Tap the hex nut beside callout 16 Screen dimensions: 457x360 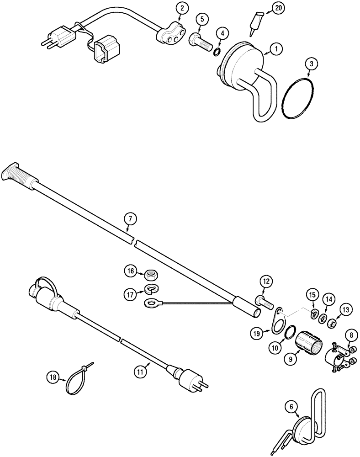(x=152, y=275)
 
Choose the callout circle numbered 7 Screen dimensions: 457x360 (x=129, y=220)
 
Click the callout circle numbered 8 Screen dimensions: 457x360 (x=351, y=335)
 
